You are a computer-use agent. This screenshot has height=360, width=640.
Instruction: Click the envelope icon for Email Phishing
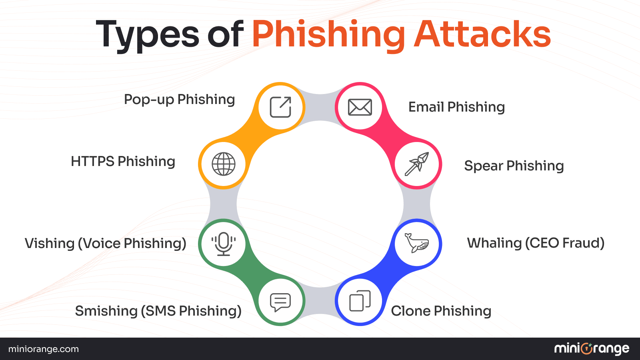point(360,107)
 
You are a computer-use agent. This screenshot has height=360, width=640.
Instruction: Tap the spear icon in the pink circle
point(417,164)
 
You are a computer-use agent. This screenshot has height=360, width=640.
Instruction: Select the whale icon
point(417,243)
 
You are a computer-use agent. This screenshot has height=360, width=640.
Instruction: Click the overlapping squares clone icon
point(360,301)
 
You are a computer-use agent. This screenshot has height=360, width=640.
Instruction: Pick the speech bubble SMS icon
point(280,302)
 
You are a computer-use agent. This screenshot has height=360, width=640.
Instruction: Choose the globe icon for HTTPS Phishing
point(224,164)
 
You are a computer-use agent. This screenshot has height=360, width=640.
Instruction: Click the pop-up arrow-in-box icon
point(280,107)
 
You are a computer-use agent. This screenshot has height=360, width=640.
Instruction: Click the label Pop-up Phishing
point(179,100)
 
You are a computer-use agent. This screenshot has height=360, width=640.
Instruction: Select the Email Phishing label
point(456,107)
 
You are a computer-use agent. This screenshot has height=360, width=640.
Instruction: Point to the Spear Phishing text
point(514,166)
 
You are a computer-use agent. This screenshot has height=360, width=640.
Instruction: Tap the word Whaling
point(494,243)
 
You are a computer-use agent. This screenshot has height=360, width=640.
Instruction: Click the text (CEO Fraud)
point(564,243)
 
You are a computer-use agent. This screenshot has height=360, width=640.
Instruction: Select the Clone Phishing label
point(441,311)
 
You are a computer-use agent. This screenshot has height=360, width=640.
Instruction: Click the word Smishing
point(106,311)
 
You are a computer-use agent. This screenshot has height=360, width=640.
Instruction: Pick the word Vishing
point(50,244)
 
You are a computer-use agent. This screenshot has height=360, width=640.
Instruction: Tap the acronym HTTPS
point(92,162)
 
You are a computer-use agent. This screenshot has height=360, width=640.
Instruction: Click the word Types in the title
point(148,35)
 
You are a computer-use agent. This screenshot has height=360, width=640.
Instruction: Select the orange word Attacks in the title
point(482,34)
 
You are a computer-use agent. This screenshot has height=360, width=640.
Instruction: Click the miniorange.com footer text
point(44,349)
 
